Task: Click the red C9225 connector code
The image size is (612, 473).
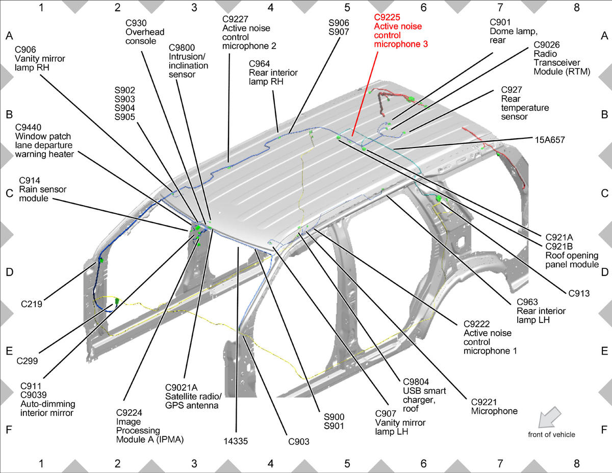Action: (387, 17)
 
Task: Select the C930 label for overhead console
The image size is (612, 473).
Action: (136, 23)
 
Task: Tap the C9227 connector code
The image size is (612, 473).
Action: (235, 19)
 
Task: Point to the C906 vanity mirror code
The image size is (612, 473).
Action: (25, 49)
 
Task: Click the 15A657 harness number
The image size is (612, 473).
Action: (550, 140)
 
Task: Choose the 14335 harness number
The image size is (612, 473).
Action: (236, 441)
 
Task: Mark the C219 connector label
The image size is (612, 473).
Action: (32, 304)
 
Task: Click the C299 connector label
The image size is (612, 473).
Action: (27, 361)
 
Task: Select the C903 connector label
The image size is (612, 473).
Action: (299, 441)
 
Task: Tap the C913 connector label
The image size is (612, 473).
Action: (579, 293)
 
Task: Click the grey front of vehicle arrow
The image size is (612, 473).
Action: (549, 417)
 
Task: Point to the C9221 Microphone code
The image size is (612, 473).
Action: (484, 402)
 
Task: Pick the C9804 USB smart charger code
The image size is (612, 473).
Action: (416, 382)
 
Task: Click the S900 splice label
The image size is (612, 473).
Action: (334, 417)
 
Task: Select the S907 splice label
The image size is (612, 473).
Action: (339, 32)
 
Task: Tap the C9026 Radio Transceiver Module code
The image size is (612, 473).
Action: (547, 45)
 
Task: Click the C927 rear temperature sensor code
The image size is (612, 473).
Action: (512, 90)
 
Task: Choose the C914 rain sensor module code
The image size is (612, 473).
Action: (30, 180)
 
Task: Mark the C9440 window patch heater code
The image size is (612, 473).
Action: (28, 128)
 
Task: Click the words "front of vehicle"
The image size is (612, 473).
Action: (551, 434)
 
